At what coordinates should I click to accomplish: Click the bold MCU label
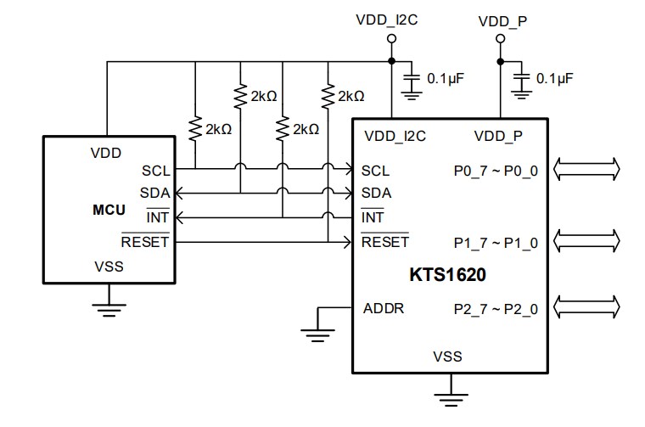tap(109, 209)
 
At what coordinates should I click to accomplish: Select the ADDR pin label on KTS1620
tap(384, 307)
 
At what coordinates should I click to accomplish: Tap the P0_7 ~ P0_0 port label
tap(496, 170)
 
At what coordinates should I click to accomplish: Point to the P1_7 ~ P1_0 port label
tap(496, 242)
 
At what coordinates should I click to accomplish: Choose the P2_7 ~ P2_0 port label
tap(496, 308)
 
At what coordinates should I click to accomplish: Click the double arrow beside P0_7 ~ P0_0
tap(587, 170)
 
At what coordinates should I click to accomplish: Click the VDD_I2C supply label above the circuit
tap(391, 20)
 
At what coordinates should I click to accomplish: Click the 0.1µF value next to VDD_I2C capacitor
tap(446, 78)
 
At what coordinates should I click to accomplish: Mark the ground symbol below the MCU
tap(108, 308)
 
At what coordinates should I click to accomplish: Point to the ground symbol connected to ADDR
tap(317, 334)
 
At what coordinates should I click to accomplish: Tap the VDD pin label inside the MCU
tap(105, 154)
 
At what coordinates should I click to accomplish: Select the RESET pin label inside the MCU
tap(145, 242)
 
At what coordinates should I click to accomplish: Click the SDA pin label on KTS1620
tap(376, 193)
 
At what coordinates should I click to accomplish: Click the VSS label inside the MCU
tap(109, 267)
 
